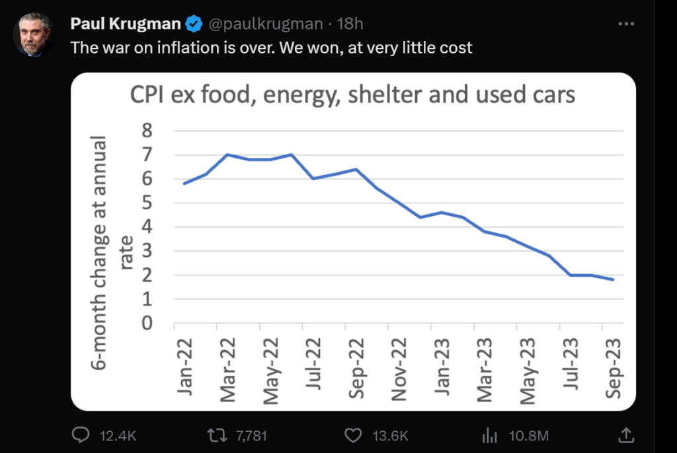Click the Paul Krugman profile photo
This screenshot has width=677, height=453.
[x=34, y=34]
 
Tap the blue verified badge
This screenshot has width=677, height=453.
[x=194, y=24]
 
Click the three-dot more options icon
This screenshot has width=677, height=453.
[x=625, y=24]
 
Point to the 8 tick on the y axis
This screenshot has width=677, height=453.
[x=147, y=131]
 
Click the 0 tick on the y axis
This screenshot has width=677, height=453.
[x=147, y=324]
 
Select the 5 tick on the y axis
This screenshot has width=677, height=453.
[x=147, y=203]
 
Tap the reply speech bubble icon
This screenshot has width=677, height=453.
[x=81, y=435]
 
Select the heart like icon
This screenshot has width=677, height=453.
[x=354, y=435]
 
